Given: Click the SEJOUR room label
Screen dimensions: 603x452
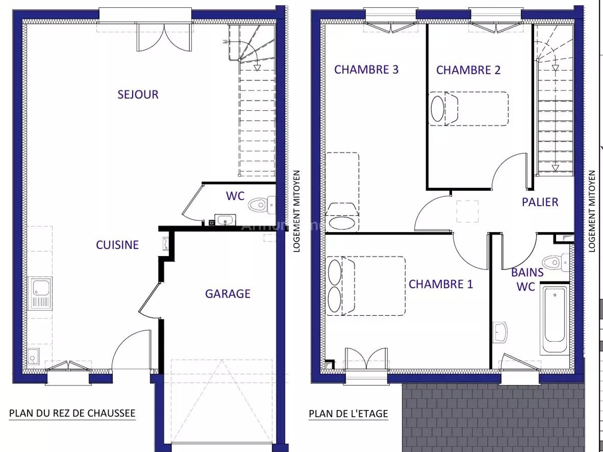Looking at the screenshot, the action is click(138, 94).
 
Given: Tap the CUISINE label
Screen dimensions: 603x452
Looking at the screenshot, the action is click(117, 245).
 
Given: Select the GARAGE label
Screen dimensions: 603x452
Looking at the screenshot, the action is click(228, 294).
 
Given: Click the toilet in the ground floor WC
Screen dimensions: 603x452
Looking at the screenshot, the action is click(262, 205).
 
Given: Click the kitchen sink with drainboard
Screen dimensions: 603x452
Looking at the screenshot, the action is click(40, 293).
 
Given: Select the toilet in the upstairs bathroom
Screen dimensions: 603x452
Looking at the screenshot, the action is click(556, 262).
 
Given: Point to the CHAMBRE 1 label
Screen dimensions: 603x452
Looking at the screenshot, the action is click(441, 284).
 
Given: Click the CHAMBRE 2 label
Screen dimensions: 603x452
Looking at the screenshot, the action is click(468, 70).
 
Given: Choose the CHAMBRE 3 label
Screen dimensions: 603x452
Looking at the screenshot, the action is click(366, 69).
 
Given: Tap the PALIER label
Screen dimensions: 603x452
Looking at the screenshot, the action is click(540, 202).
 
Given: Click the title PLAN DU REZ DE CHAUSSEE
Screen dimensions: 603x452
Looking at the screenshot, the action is click(72, 413).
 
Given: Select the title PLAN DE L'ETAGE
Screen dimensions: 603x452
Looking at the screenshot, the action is click(348, 414).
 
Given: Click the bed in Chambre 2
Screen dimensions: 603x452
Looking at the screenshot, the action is click(469, 109).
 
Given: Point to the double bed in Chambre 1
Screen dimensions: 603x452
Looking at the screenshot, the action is click(366, 286).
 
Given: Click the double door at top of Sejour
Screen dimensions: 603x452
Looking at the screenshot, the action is click(164, 37).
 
